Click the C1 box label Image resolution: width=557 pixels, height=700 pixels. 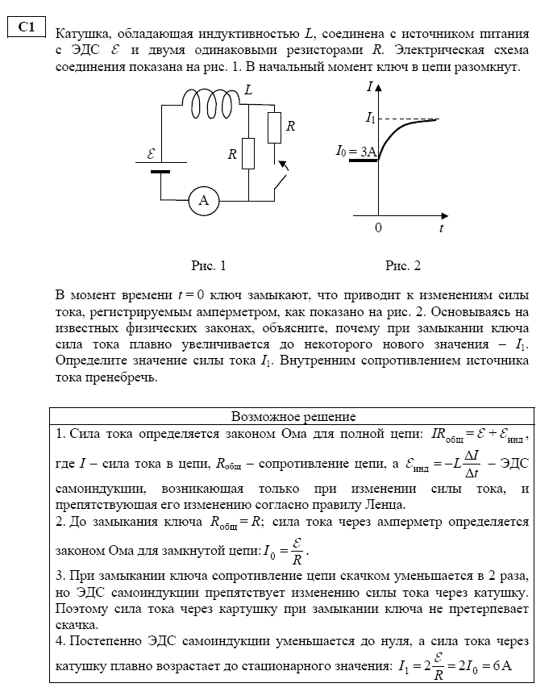pos(26,27)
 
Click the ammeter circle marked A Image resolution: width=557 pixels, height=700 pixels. pos(204,201)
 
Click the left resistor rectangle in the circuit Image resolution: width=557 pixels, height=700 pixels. pos(248,153)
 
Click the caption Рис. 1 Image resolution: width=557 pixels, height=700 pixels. pos(208,265)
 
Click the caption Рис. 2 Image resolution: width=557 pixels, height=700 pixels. pos(403,265)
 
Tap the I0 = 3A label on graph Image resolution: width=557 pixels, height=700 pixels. pos(356,151)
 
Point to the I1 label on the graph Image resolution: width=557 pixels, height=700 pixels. pos(370,119)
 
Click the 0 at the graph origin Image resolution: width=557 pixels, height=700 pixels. pos(377,228)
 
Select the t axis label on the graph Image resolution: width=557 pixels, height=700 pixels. pos(442,228)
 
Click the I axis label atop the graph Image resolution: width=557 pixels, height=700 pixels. pos(369,85)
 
